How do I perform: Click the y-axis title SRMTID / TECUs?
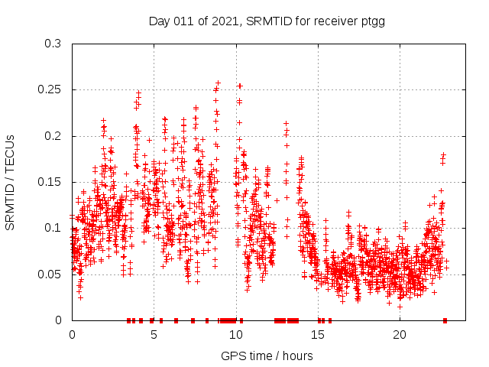10,182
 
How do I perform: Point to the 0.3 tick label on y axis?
53,44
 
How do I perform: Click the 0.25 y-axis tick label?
50,89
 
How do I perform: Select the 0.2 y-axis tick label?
53,136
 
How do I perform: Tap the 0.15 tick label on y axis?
50,182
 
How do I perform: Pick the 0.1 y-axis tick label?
53,228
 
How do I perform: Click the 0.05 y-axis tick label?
50,274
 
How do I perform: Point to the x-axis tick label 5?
154,334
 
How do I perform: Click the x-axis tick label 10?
236,334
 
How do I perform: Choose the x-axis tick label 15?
318,334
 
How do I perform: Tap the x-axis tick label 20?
400,334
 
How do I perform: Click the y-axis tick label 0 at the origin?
58,320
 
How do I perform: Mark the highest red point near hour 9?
218,83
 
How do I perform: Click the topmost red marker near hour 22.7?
443,154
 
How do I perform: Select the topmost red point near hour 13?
286,123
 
